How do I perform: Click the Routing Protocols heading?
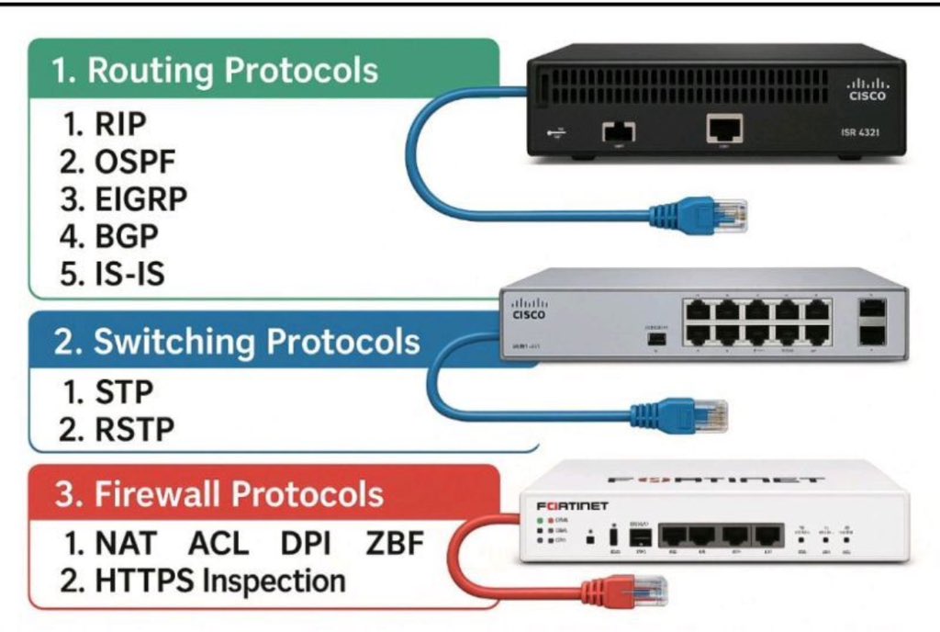pos(215,71)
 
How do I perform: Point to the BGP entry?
pos(114,236)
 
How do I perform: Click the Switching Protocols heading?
pos(237,342)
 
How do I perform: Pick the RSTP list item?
pos(119,428)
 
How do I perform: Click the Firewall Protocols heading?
pos(219,494)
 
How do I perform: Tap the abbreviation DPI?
pos(307,544)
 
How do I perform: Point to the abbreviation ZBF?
pos(395,544)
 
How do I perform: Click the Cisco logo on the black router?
pos(867,88)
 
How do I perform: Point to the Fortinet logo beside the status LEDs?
pos(572,506)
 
